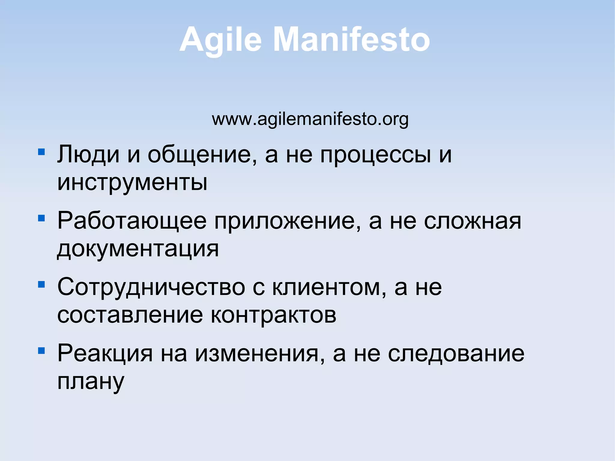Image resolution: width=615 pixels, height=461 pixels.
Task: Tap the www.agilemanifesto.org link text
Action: coord(310,119)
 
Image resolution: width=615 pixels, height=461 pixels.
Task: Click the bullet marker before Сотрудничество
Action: coord(41,284)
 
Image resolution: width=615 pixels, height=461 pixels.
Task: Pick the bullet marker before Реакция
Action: coord(41,350)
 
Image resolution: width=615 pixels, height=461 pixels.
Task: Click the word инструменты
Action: coord(132,182)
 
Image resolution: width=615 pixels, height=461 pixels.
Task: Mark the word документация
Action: coord(138,249)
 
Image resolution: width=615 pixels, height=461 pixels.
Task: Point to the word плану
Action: coord(91,381)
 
